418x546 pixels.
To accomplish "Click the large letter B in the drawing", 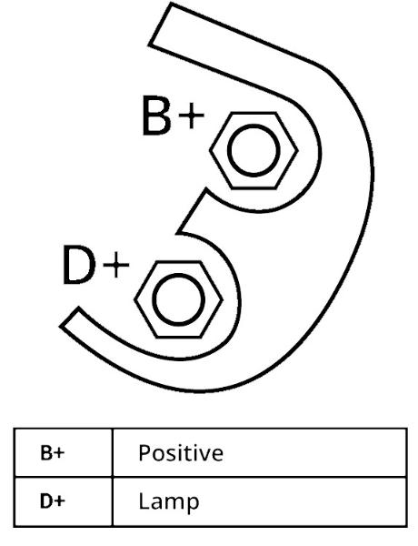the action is [x=156, y=116].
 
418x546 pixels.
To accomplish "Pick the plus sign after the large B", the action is [x=191, y=116].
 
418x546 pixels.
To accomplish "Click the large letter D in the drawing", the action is [x=79, y=265].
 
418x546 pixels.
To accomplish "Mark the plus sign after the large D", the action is [x=116, y=266].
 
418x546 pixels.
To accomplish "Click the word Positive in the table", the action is [x=181, y=452].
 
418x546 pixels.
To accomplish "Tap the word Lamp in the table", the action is [x=169, y=502].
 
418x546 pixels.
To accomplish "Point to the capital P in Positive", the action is [x=145, y=452].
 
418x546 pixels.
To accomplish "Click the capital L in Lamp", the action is [x=144, y=500].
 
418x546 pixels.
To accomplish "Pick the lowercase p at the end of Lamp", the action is [x=193, y=504].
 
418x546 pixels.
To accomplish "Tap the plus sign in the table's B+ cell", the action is [x=59, y=453].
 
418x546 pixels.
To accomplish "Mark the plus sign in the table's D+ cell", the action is [x=59, y=501].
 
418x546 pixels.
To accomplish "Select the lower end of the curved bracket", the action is [x=70, y=318].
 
